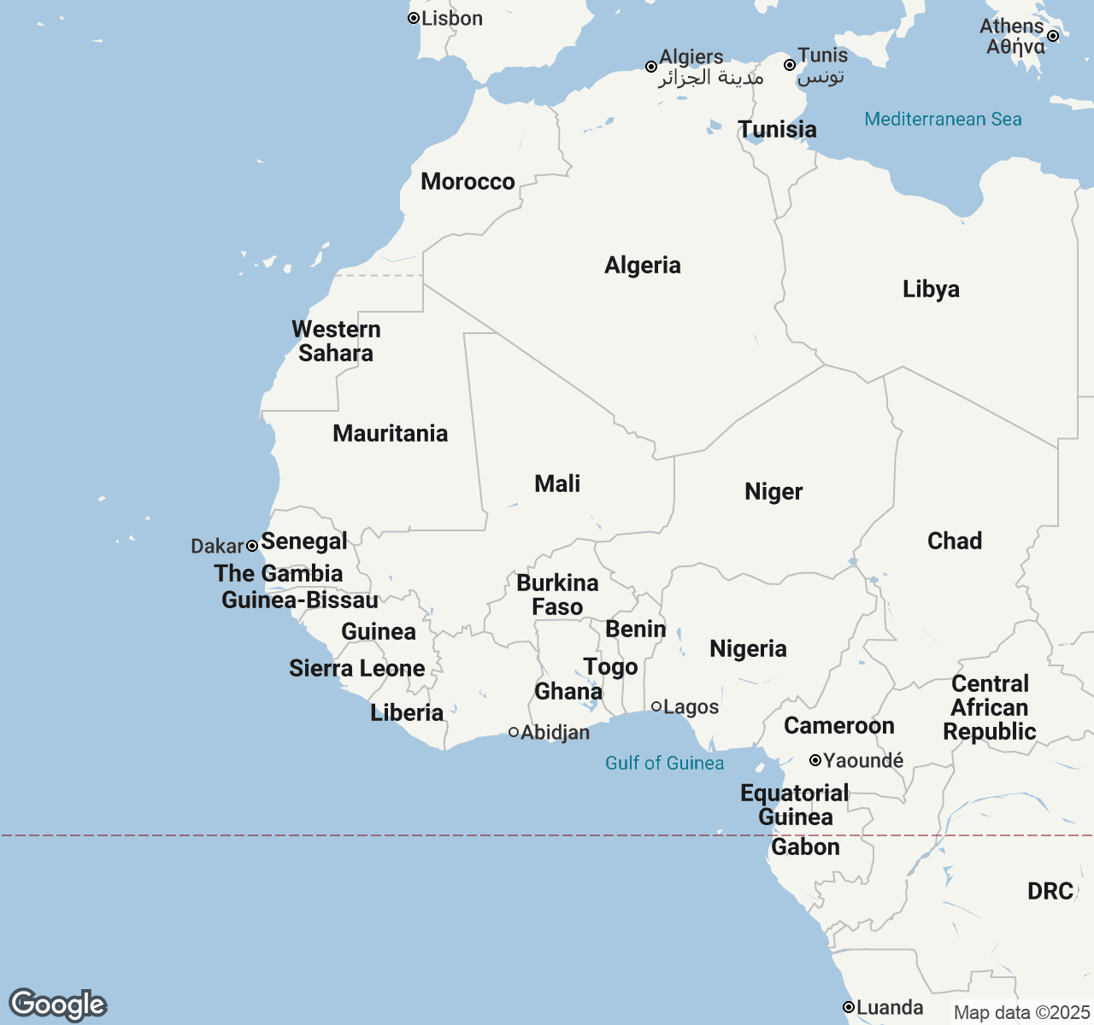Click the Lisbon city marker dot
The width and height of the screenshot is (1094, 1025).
pos(414,18)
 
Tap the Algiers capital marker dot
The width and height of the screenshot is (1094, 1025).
pos(651,67)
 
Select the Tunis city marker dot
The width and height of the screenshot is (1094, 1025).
pos(790,65)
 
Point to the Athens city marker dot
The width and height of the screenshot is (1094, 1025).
pos(1053,36)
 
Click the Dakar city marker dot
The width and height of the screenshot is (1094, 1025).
pos(252,546)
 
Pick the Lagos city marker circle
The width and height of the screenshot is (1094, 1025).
pos(656,706)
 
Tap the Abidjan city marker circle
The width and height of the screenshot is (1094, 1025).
pos(514,732)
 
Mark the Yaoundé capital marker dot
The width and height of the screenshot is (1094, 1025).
pos(815,760)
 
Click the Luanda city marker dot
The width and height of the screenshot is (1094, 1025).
pos(849,1007)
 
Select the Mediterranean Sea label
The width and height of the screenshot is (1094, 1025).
pos(943,119)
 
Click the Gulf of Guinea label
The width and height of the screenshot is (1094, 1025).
pos(664,763)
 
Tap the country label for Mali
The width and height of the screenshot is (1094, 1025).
pos(557,483)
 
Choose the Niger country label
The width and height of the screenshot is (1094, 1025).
pos(773,491)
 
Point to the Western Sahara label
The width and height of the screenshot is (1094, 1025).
pos(336,341)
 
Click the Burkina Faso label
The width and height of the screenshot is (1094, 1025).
pos(557,594)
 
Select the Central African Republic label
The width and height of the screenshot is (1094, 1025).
pos(990,707)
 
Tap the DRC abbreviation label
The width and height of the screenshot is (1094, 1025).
pos(1050,891)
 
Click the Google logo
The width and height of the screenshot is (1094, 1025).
pos(57,1004)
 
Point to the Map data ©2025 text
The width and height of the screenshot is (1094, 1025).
pos(1021,1013)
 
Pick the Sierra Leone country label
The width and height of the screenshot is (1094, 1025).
pos(356,668)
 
